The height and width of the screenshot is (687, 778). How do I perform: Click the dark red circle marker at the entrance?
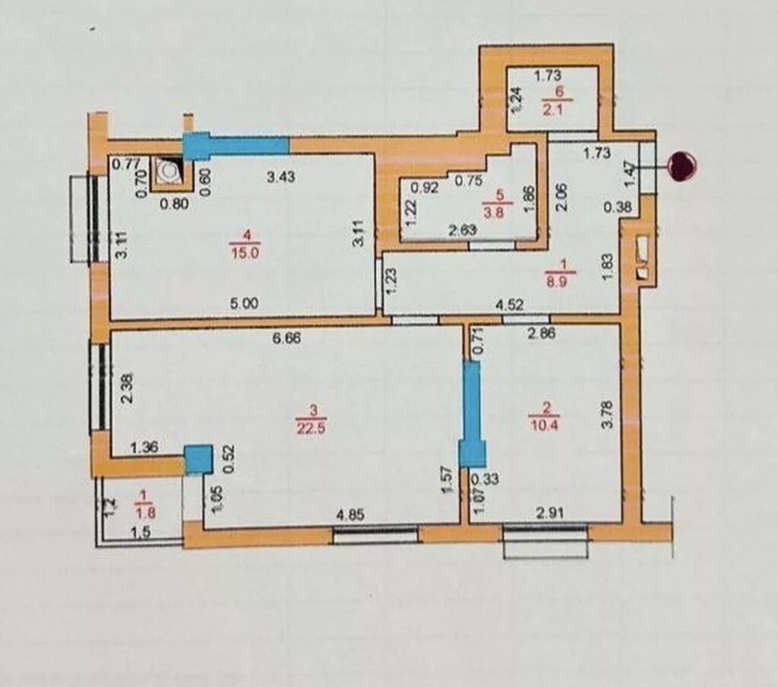682,166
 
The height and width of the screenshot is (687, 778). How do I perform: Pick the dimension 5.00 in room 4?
244,302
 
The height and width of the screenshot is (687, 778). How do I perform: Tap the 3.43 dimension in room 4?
281,177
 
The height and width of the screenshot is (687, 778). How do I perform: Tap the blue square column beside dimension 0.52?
198,459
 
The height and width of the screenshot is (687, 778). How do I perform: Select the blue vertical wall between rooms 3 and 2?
472,414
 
